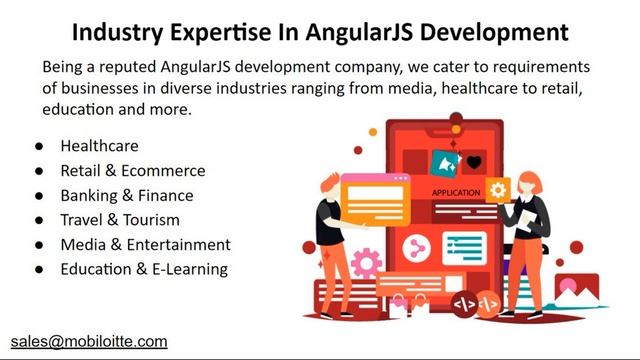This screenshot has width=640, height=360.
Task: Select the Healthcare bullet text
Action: pos(99,146)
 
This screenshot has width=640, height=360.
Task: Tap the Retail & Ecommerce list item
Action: pos(132,171)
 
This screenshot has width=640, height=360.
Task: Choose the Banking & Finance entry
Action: pos(126,195)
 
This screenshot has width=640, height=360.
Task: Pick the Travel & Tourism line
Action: pos(119,220)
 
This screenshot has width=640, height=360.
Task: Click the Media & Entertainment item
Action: pos(145,244)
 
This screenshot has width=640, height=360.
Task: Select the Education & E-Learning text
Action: pos(143,269)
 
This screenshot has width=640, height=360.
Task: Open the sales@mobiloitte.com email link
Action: pos(89,341)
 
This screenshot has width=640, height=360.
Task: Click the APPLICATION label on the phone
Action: pos(456,192)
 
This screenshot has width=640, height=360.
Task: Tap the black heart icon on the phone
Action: pos(474,162)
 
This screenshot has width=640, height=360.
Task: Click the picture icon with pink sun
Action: pos(576,291)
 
